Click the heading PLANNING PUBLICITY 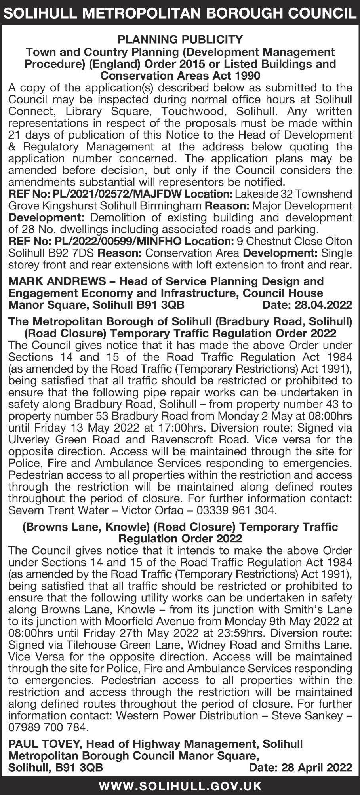(x=180, y=40)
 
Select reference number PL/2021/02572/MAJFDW (x=107, y=194)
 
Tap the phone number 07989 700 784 (x=48, y=727)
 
